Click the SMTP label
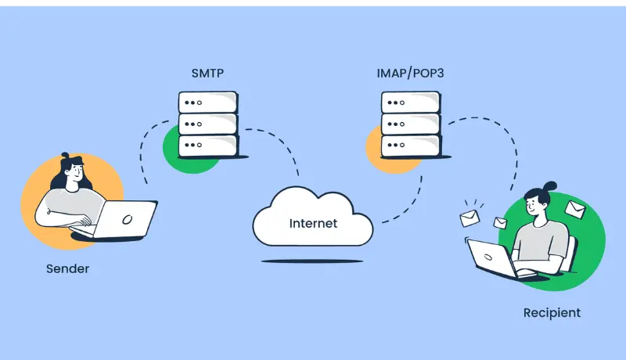click(x=207, y=75)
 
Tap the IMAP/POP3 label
click(x=410, y=75)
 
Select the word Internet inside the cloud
click(x=313, y=223)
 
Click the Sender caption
click(x=67, y=268)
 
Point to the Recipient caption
click(x=552, y=312)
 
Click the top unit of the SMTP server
click(x=207, y=103)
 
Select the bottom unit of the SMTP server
click(x=207, y=146)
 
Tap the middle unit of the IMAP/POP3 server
click(x=410, y=124)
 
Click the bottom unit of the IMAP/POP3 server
click(x=410, y=146)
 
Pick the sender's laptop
click(x=125, y=219)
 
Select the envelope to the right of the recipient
click(x=575, y=210)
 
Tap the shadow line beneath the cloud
click(x=312, y=261)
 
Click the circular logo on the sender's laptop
click(x=128, y=219)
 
